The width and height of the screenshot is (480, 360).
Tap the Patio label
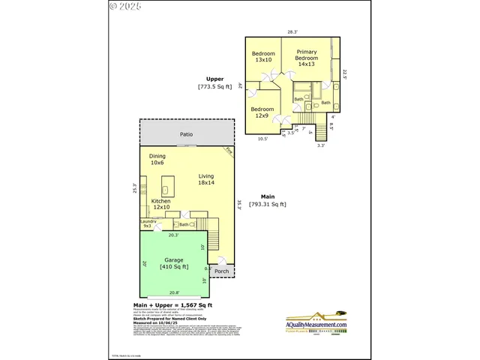(x=186, y=135)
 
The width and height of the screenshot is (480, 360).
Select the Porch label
(x=222, y=271)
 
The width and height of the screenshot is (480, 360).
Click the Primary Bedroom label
(x=307, y=58)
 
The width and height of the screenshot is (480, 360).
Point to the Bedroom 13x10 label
(x=263, y=56)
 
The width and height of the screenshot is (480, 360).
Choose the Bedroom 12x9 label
(x=262, y=112)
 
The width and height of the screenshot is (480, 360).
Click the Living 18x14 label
(x=206, y=179)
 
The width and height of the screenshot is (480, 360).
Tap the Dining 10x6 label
(x=157, y=160)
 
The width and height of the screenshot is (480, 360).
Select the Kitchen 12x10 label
(x=162, y=205)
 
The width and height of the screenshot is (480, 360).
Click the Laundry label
(x=148, y=223)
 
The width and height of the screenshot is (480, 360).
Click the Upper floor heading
(x=214, y=79)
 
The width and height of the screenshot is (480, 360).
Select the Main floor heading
(x=268, y=196)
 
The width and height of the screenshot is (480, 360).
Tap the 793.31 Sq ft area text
(x=268, y=204)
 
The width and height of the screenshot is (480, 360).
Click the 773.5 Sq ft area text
(x=215, y=87)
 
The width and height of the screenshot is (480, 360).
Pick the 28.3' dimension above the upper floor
(x=292, y=31)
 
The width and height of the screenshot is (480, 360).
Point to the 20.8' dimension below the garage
(x=174, y=292)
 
